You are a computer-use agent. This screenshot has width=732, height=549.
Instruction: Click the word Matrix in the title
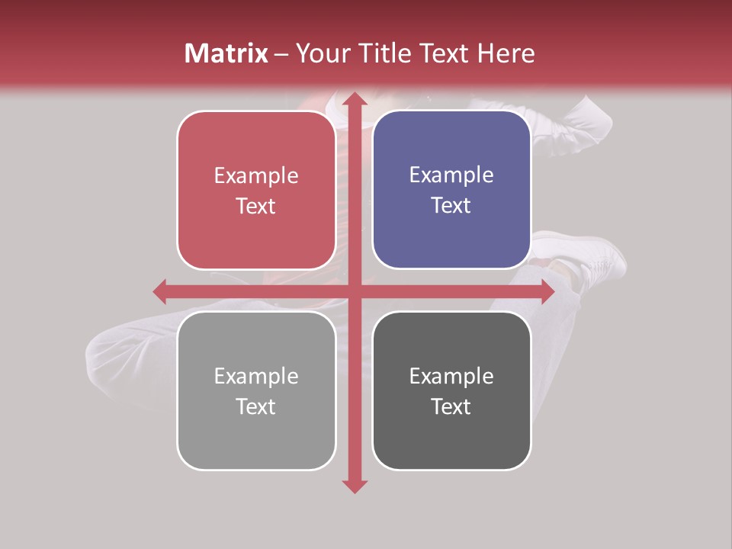tap(226, 53)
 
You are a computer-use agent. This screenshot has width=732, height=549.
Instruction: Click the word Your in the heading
tap(326, 53)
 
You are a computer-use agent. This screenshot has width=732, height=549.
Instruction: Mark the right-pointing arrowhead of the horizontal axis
tap(547, 291)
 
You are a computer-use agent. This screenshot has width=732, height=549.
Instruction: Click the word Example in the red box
tap(256, 176)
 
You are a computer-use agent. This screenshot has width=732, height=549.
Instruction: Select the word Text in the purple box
tap(451, 206)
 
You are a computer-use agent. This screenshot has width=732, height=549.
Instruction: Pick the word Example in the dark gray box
tap(451, 376)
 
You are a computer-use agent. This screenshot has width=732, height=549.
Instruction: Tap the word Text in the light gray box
tap(256, 406)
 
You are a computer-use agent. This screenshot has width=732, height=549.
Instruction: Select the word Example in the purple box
tap(451, 175)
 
